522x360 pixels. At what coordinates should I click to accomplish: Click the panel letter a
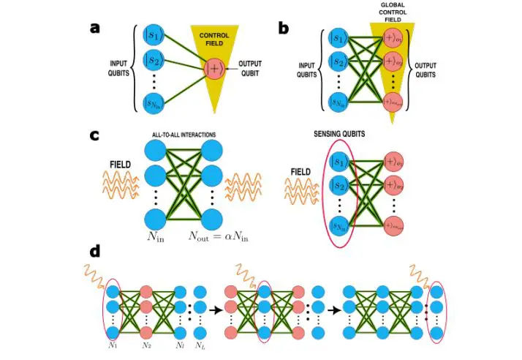(x=94, y=28)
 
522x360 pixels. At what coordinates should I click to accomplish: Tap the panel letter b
(x=283, y=28)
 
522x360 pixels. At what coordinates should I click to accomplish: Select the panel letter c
(x=94, y=136)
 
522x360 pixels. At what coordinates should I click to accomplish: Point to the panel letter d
(x=95, y=251)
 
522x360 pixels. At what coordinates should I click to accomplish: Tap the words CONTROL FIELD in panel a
(x=214, y=39)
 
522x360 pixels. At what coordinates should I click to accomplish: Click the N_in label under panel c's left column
(x=154, y=236)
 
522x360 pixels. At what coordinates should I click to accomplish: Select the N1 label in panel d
(x=113, y=345)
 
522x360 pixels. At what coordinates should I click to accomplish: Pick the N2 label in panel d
(x=146, y=345)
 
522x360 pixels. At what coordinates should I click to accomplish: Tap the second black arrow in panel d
(x=334, y=310)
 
